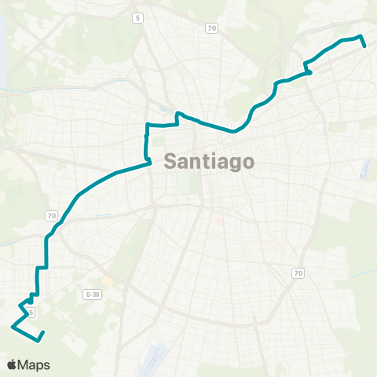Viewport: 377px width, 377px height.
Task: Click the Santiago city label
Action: click(x=210, y=163)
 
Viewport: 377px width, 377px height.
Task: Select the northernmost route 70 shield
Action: click(x=211, y=28)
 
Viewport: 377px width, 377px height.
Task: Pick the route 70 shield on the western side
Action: click(x=51, y=215)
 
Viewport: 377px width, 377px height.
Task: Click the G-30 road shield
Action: click(x=93, y=295)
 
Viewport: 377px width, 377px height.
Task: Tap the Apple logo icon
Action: click(x=12, y=365)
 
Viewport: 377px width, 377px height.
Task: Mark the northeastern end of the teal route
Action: click(x=365, y=46)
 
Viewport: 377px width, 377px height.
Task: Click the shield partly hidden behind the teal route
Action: click(x=31, y=312)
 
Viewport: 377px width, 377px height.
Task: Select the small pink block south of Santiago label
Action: click(x=219, y=221)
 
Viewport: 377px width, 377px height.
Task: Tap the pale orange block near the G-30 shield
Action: click(x=106, y=280)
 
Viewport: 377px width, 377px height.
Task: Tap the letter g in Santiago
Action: click(x=232, y=165)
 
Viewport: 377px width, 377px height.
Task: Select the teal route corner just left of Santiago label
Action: click(x=150, y=163)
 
